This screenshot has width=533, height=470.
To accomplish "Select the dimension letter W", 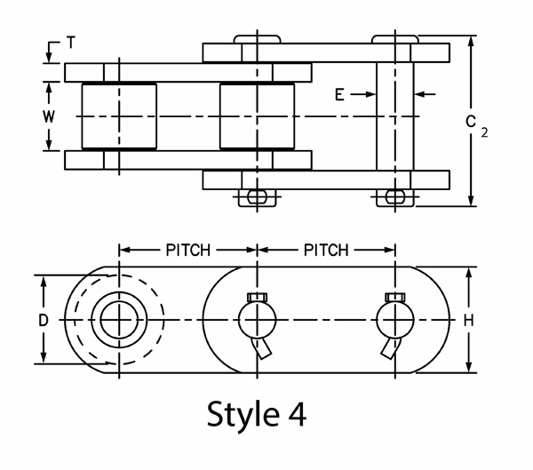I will (51, 116).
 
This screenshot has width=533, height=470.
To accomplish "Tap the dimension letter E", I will (340, 92).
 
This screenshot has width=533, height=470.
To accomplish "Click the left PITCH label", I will (187, 250).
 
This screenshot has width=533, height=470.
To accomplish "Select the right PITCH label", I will (325, 250).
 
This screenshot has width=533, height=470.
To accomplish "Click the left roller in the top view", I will (119, 116).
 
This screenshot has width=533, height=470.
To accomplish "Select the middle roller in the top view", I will (258, 116).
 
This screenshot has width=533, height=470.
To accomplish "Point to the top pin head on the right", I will (395, 39).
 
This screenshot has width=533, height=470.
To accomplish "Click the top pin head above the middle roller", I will (258, 39).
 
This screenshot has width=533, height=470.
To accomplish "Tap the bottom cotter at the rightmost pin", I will (394, 196).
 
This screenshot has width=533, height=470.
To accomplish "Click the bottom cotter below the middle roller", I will (257, 196).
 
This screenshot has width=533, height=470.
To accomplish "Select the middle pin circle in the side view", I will (257, 319).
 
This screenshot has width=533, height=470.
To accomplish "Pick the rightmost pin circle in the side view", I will (395, 319).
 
